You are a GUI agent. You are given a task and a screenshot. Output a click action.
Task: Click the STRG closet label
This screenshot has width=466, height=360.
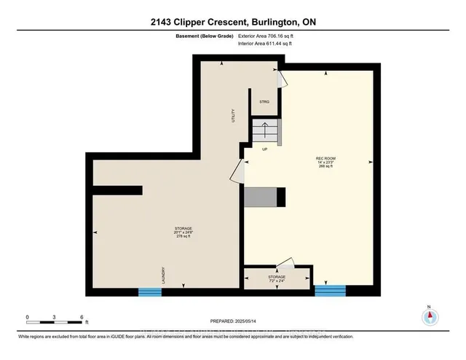coord(264,101)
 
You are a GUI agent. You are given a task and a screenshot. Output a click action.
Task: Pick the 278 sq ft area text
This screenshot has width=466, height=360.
coord(162,237)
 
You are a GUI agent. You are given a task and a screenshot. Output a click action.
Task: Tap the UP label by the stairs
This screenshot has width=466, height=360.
coord(266,149)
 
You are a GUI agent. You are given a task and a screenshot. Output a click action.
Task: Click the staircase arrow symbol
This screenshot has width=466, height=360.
coord(265,131)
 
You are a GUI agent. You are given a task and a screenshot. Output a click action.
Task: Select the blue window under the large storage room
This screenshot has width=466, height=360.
coord(149,291)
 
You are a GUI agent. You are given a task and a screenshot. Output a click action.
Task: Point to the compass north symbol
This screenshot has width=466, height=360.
coord(430,316)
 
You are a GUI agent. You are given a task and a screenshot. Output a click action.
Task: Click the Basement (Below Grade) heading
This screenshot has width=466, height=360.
coord(207,35)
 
